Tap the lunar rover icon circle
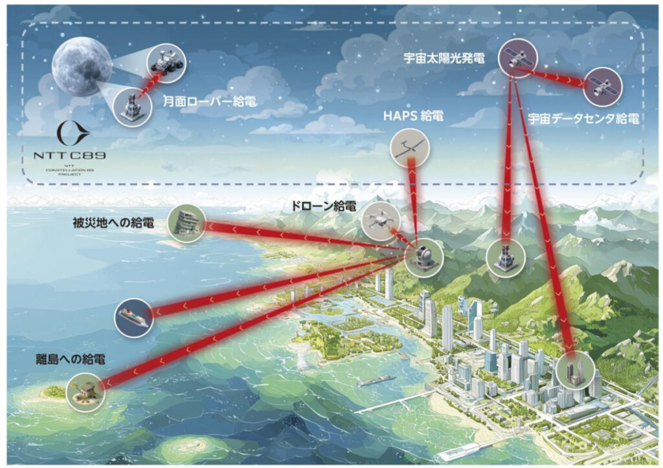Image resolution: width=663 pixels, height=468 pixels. pos(168,60)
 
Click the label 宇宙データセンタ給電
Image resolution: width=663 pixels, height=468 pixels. pos(583,119)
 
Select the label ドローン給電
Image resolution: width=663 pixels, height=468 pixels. pos(323,207)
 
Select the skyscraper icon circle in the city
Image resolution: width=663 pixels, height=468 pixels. pos(574,371)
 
